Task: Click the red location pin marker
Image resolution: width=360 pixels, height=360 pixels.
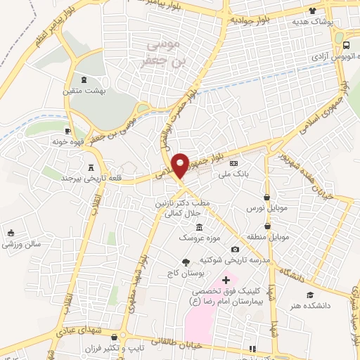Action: tap(181, 165)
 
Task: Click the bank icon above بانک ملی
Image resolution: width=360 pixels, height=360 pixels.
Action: tap(235, 162)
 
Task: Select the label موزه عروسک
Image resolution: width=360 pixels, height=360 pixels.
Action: tap(195, 238)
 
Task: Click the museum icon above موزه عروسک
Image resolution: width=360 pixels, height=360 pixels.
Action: tap(199, 227)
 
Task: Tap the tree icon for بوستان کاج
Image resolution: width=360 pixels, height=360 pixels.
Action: tap(186, 262)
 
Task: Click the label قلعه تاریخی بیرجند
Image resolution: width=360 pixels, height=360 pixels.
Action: tap(89, 178)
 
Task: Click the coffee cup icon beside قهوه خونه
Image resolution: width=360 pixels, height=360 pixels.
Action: tap(68, 130)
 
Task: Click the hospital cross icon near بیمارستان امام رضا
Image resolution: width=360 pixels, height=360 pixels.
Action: tap(226, 281)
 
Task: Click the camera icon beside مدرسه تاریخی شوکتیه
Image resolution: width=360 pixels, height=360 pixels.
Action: tap(235, 250)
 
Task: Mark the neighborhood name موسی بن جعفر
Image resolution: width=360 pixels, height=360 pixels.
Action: tap(161, 53)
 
